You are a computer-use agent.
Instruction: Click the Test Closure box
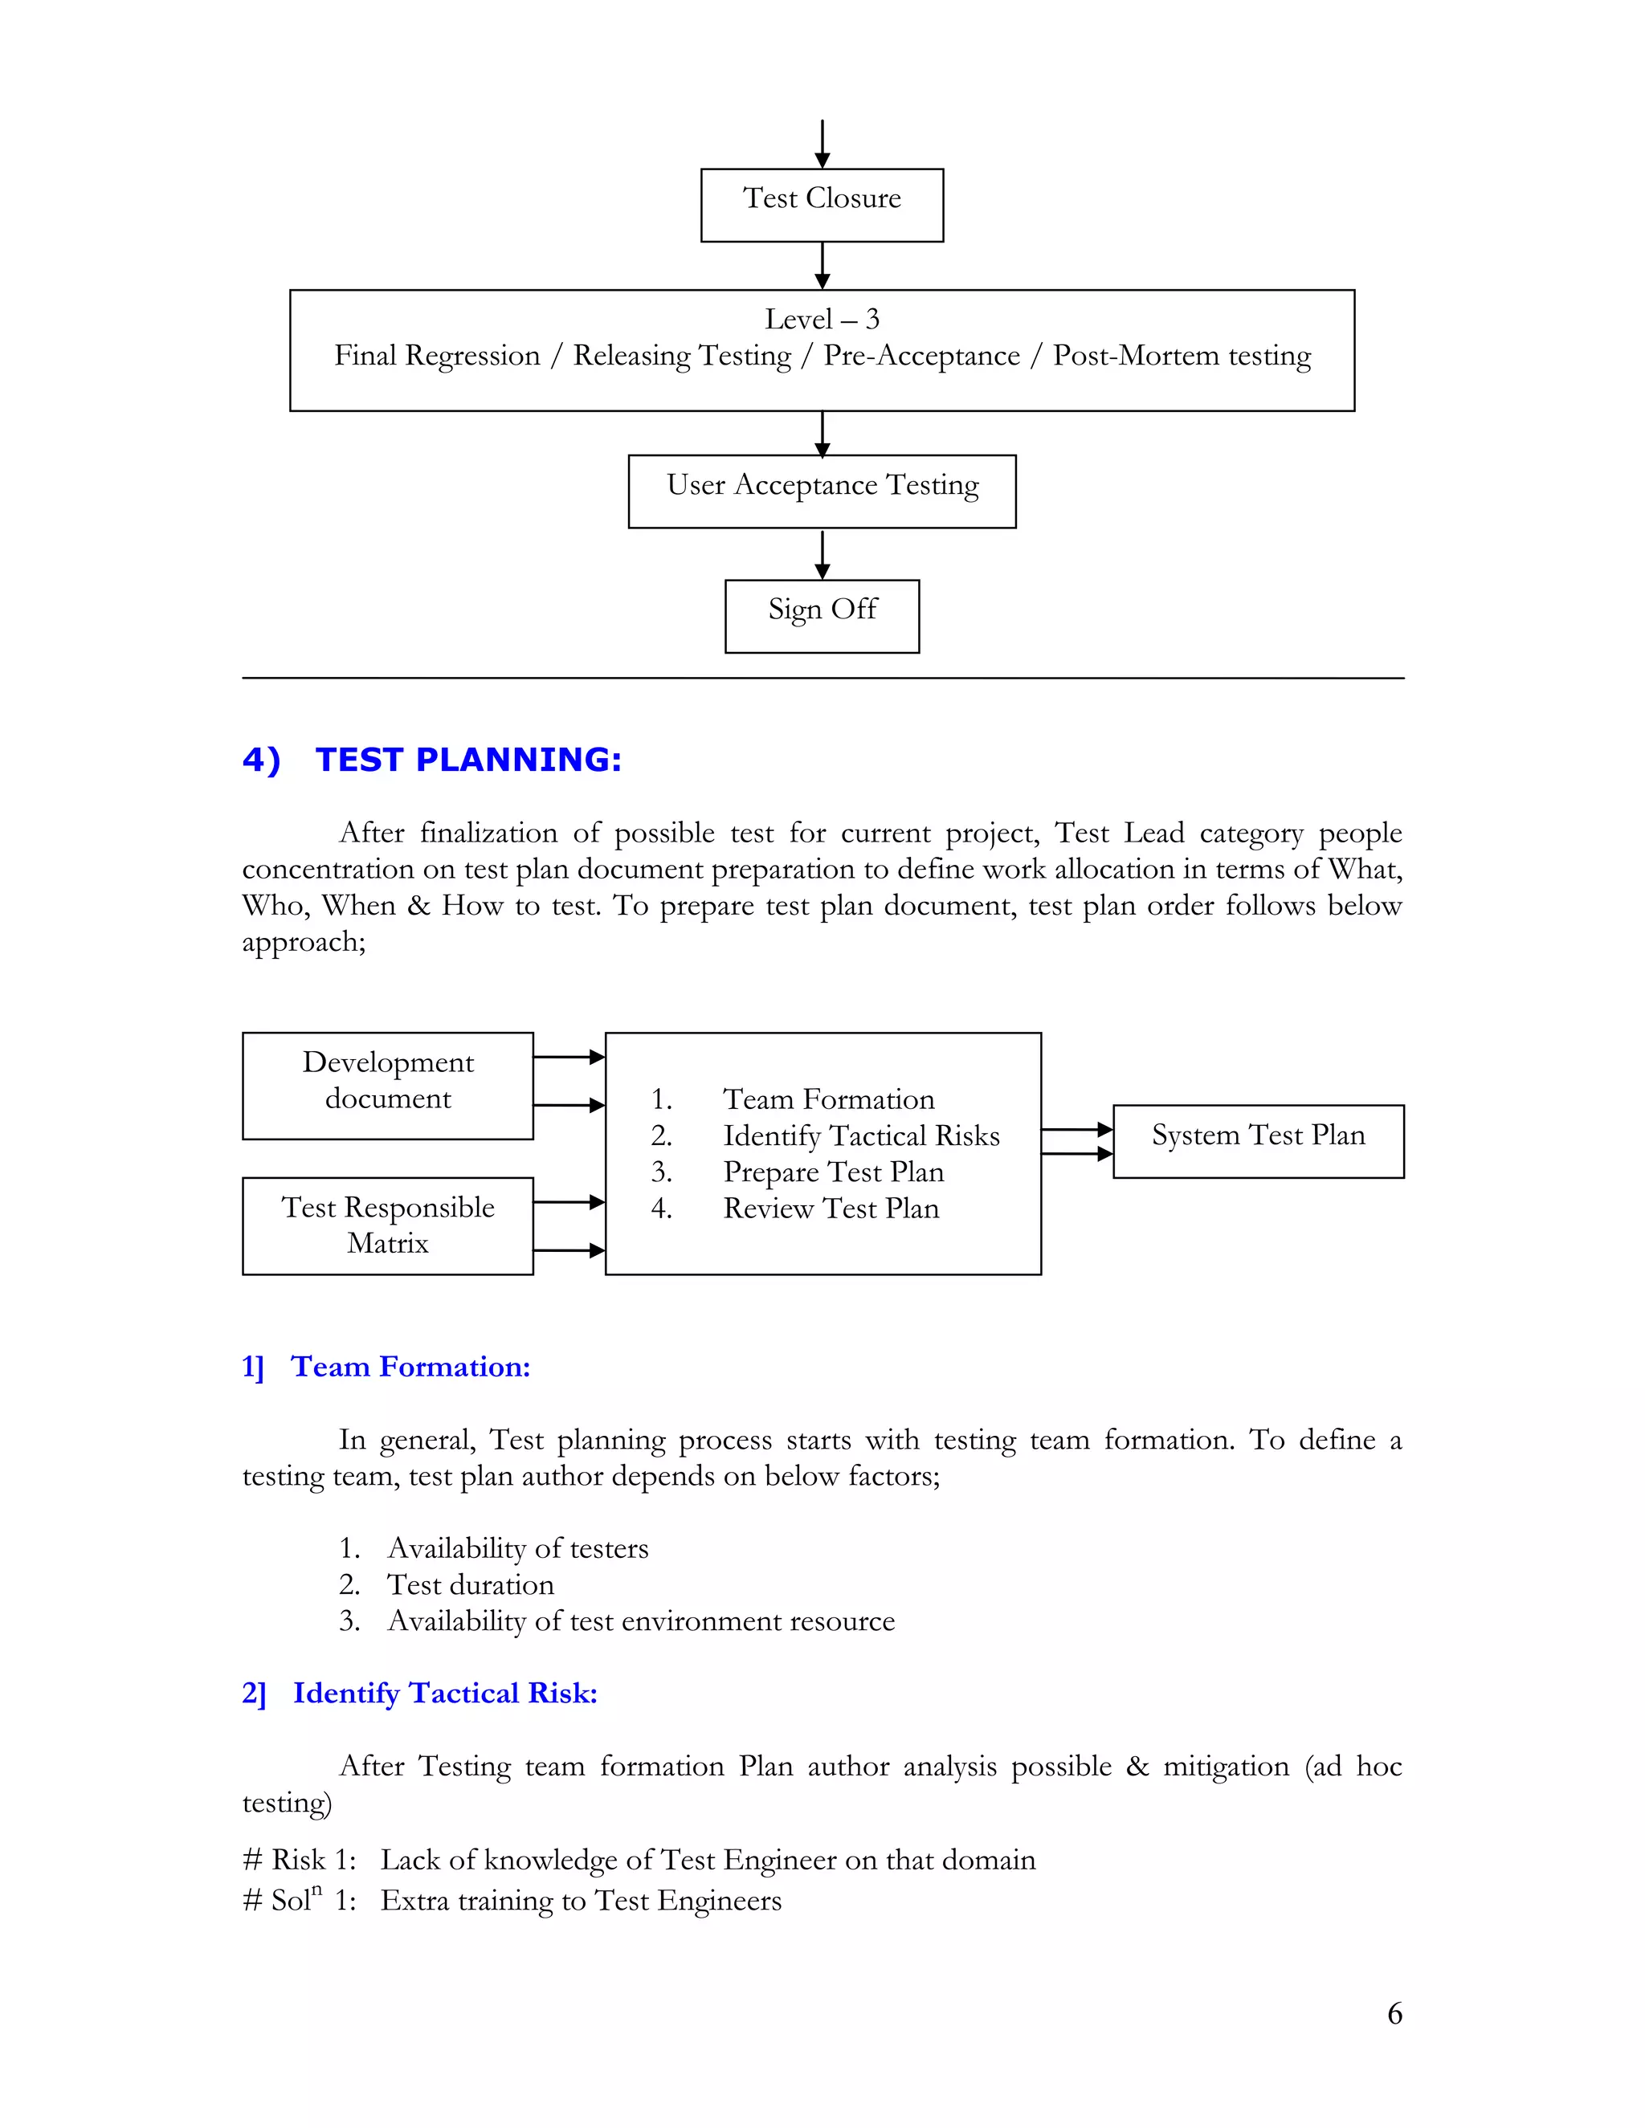tap(822, 205)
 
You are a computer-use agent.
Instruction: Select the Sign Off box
tap(822, 615)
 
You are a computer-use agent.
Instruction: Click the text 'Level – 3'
tap(822, 319)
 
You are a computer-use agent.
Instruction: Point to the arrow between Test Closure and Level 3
tap(822, 265)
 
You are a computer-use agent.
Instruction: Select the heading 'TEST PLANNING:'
tap(467, 759)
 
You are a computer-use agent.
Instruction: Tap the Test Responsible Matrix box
tap(388, 1225)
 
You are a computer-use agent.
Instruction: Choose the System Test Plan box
tap(1258, 1140)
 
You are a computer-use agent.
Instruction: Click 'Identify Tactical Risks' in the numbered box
tap(860, 1135)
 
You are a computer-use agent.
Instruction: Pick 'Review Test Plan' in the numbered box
tap(831, 1209)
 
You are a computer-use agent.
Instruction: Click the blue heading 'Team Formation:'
tap(410, 1366)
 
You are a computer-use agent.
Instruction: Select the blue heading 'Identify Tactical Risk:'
tap(444, 1693)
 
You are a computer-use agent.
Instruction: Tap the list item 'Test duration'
tap(470, 1584)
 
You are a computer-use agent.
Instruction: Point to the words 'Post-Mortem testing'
tap(1181, 356)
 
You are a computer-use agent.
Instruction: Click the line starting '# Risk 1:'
tap(639, 1859)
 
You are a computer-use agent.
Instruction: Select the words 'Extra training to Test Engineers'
tap(581, 1900)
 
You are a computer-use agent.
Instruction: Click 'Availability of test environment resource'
tap(640, 1620)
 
